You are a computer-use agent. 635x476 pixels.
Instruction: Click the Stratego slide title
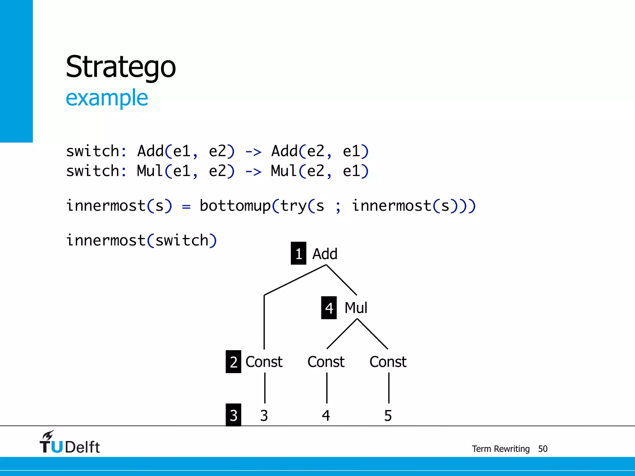point(121,67)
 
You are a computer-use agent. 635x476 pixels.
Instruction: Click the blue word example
point(107,98)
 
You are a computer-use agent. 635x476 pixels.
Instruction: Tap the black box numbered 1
point(298,253)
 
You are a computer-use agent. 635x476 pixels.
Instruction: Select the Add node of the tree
point(325,254)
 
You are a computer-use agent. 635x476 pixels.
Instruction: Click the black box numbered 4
point(329,308)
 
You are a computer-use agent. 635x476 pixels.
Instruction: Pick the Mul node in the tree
point(356,308)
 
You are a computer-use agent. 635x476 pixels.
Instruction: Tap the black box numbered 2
point(233,362)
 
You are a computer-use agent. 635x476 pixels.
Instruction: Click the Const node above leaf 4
point(326,362)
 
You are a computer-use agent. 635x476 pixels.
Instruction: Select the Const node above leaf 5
point(388,362)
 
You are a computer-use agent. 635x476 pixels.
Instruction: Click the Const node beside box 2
point(264,362)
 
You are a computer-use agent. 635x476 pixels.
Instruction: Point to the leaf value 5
point(388,415)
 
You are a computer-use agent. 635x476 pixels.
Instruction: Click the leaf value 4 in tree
point(326,415)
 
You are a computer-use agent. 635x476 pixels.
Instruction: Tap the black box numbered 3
point(233,415)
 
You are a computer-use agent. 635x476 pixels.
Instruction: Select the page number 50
point(543,449)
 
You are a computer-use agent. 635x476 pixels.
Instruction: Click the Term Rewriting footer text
point(500,449)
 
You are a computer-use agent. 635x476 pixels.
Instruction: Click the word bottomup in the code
point(235,206)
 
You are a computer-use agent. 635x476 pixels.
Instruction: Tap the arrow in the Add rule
point(253,152)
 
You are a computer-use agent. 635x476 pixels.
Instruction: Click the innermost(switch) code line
point(141,240)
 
